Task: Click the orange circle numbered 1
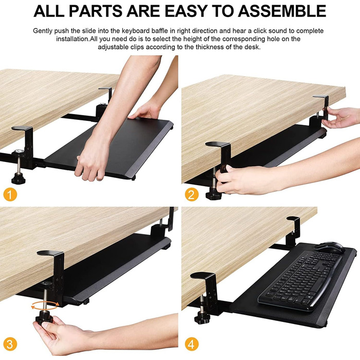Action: pyautogui.click(x=10, y=195)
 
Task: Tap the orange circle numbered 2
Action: pyautogui.click(x=192, y=195)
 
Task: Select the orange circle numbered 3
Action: pyautogui.click(x=10, y=345)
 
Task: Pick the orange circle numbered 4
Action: pyautogui.click(x=192, y=345)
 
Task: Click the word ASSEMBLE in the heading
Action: pyautogui.click(x=282, y=11)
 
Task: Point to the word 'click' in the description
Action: pyautogui.click(x=260, y=30)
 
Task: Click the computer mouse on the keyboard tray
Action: pyautogui.click(x=329, y=248)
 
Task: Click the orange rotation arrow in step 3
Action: pyautogui.click(x=45, y=305)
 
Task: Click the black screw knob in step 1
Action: pyautogui.click(x=19, y=178)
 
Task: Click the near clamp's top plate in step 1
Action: pyautogui.click(x=22, y=128)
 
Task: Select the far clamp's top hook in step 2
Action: pyautogui.click(x=321, y=97)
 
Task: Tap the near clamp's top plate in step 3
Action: pyautogui.click(x=50, y=253)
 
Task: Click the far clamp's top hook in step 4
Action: pyautogui.click(x=293, y=219)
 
